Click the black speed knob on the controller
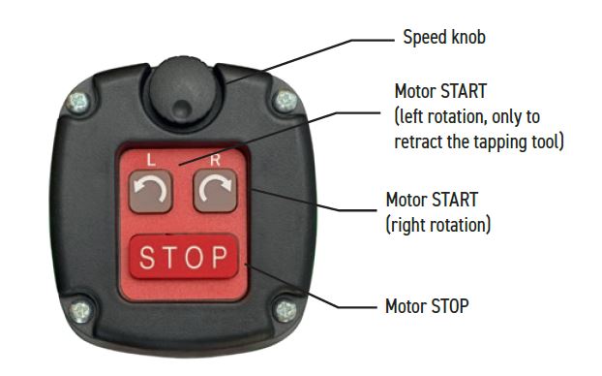pyautogui.click(x=183, y=90)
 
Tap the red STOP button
pyautogui.click(x=184, y=257)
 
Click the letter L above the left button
pyautogui.click(x=151, y=160)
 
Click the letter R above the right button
pyautogui.click(x=215, y=160)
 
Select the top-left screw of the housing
pyautogui.click(x=78, y=103)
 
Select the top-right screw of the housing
pyautogui.click(x=286, y=101)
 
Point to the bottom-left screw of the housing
pyautogui.click(x=81, y=311)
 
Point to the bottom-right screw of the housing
pyautogui.click(x=286, y=311)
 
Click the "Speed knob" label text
pyautogui.click(x=444, y=38)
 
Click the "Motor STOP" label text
pyautogui.click(x=427, y=306)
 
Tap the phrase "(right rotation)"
pyautogui.click(x=438, y=225)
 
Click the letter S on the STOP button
pyautogui.click(x=147, y=257)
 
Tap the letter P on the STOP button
pyautogui.click(x=220, y=257)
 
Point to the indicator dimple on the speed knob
pyautogui.click(x=182, y=109)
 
